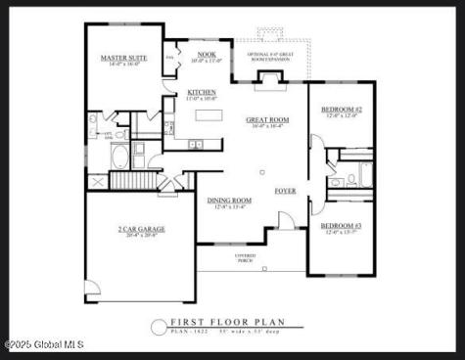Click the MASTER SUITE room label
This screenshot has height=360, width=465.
(124, 58)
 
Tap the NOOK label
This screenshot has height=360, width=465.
(207, 55)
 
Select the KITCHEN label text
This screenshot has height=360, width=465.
(202, 93)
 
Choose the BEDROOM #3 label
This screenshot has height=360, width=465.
(341, 227)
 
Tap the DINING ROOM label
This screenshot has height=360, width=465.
(229, 201)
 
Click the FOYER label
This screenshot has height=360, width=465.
(285, 191)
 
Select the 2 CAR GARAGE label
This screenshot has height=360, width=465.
(142, 230)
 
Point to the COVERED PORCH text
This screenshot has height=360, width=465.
(245, 257)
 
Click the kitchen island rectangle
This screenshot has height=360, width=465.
(209, 115)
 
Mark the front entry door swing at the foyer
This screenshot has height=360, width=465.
(285, 221)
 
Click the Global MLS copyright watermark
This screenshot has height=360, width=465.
(44, 343)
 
